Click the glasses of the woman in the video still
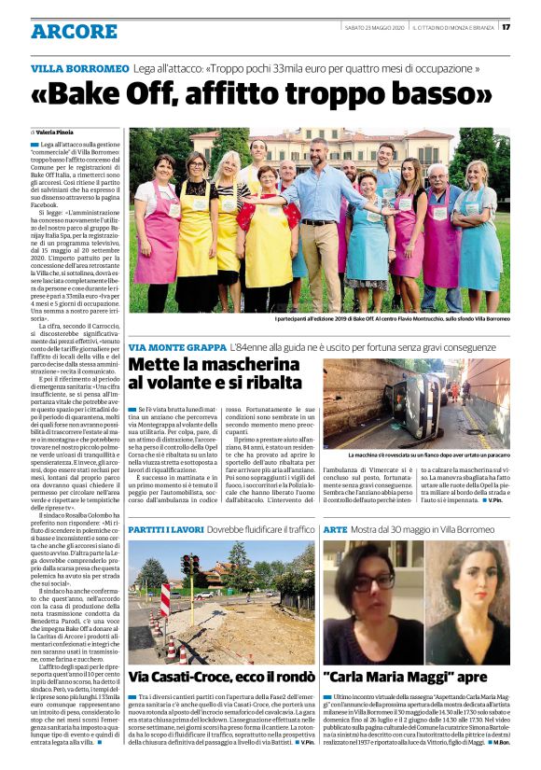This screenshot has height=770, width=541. click(x=371, y=579)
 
